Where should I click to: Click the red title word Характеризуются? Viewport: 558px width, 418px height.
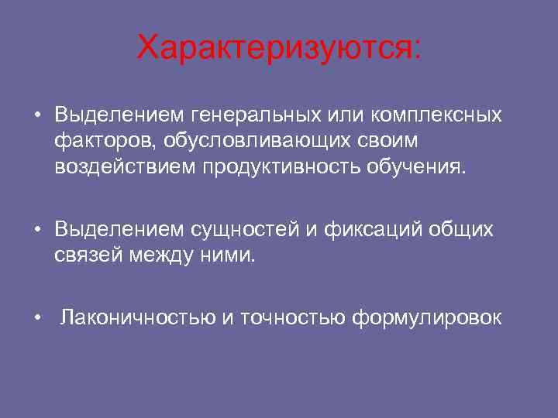point(277,49)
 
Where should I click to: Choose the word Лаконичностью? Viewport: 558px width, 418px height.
point(138,317)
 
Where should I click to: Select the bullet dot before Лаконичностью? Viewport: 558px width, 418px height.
point(37,318)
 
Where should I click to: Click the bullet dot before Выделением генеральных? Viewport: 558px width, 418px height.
point(37,116)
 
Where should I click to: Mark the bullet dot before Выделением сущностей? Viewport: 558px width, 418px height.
point(37,231)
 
